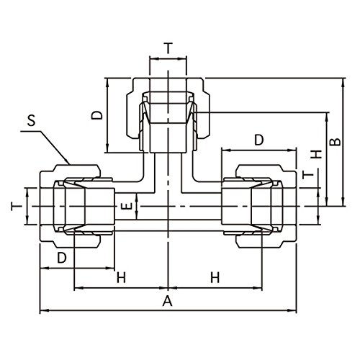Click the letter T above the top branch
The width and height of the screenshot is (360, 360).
(x=168, y=48)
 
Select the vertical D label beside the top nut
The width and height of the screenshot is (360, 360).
(x=97, y=115)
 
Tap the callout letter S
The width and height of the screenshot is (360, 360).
(x=31, y=120)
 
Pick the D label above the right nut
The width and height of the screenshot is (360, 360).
(x=259, y=140)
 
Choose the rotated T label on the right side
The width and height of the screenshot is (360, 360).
(x=308, y=175)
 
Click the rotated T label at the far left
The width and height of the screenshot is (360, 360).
(x=16, y=207)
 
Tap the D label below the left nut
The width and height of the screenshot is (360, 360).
(x=61, y=258)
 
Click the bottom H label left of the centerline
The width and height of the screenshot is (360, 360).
(x=121, y=278)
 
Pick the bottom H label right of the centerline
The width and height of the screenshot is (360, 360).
(x=215, y=278)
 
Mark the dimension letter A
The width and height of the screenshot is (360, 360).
(x=168, y=301)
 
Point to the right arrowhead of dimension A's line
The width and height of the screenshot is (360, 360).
(x=292, y=310)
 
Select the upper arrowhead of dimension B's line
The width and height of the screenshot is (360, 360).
(x=343, y=82)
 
